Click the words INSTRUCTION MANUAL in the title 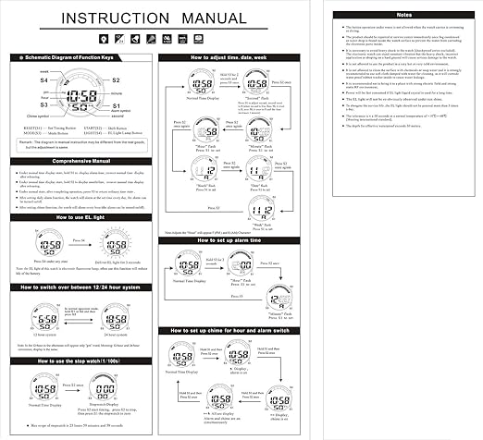click(x=159, y=19)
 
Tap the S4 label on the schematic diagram click(x=43, y=80)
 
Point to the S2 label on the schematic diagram click(x=117, y=80)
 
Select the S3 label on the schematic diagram click(x=43, y=106)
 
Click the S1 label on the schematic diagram click(x=116, y=106)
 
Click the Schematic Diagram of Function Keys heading click(x=79, y=57)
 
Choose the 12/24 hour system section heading click(x=80, y=287)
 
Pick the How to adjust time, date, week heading click(x=239, y=57)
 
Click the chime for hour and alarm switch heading click(x=239, y=329)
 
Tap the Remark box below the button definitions click(x=80, y=144)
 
